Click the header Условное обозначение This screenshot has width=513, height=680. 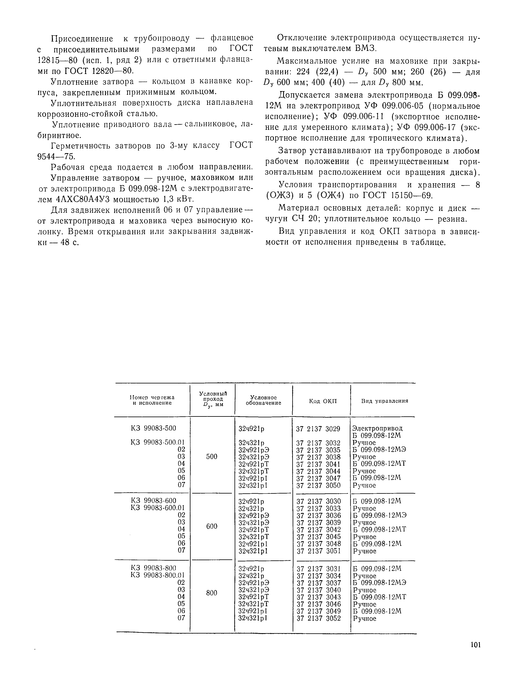point(263,400)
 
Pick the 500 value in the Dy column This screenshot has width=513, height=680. point(212,457)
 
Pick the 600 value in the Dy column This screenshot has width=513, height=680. point(212,526)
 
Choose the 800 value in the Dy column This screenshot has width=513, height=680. point(212,593)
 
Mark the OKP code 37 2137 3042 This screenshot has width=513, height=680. point(319,529)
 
